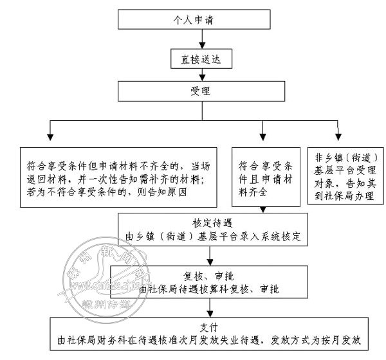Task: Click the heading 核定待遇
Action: pos(210,223)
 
